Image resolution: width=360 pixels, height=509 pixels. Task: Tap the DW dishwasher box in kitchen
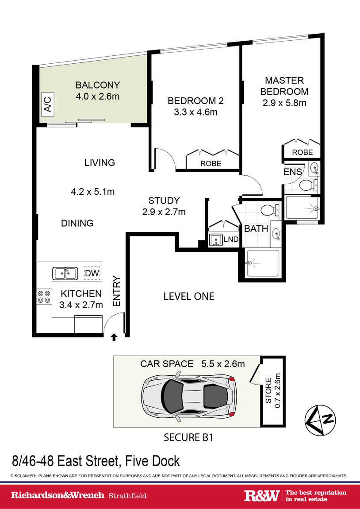[92, 273]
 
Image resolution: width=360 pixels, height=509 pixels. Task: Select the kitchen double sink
[65, 274]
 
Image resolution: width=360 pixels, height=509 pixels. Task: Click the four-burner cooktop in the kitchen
[44, 297]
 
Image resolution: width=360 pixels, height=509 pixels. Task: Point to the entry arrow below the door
[114, 337]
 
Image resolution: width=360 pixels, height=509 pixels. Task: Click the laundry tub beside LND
[215, 240]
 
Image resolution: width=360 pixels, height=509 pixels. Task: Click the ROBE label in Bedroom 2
[211, 163]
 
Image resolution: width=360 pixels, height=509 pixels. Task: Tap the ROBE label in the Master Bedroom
[302, 152]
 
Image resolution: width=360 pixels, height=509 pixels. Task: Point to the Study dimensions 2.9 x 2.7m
[164, 212]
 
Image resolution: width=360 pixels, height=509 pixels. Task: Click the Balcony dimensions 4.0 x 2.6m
[98, 96]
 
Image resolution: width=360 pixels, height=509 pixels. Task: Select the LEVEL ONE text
[189, 297]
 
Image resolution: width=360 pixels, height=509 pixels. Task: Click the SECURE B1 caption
[188, 437]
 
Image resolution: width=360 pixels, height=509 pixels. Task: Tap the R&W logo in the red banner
[261, 495]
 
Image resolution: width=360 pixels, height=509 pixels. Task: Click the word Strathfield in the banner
[127, 496]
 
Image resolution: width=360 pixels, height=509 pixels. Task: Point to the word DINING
[77, 223]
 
